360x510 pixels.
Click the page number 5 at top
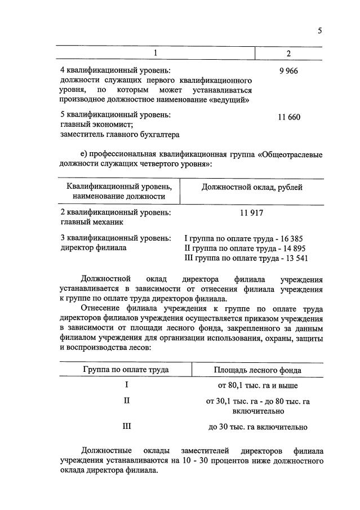319,31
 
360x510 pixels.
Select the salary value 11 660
289,117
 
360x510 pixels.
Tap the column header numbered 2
288,54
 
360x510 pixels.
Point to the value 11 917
251,213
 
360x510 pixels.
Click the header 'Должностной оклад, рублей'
251,187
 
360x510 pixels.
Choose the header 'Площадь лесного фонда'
257,370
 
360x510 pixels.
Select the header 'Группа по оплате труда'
126,370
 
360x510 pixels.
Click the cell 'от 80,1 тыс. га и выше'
257,386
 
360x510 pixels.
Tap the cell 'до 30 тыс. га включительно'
257,427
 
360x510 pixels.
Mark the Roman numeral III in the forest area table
127,427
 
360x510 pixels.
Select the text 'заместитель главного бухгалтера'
119,135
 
